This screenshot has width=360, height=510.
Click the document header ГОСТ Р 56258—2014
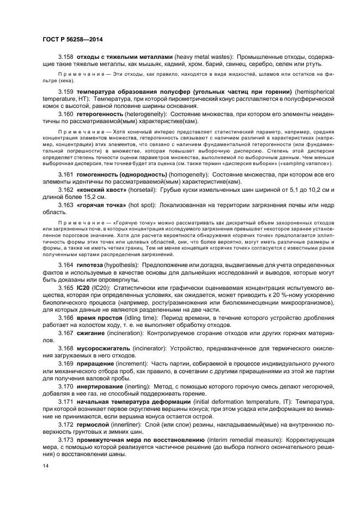pos(73,40)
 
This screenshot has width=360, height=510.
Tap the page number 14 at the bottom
pos(45,466)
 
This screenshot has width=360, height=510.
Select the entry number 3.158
pos(66,57)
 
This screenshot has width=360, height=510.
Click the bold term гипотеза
pos(91,264)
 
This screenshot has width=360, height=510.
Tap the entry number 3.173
pos(66,438)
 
